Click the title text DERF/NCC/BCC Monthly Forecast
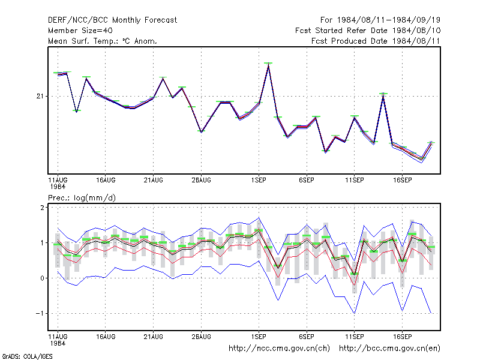[x=112, y=20]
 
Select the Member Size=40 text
[x=80, y=31]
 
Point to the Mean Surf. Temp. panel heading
[x=103, y=41]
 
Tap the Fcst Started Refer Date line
[x=368, y=31]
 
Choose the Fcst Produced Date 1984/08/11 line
[x=376, y=41]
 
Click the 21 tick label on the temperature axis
[x=40, y=97]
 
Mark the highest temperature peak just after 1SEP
[x=268, y=64]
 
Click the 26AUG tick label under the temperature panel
[x=201, y=181]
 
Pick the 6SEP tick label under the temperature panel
[x=307, y=181]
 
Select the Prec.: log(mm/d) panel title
[x=82, y=198]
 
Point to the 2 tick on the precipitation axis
[x=42, y=208]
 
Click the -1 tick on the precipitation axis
[x=40, y=313]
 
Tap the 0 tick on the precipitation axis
[x=42, y=278]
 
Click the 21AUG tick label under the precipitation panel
[x=153, y=337]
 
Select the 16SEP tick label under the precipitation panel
[x=402, y=337]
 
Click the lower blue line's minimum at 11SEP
[x=355, y=313]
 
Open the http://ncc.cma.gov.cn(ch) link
[x=279, y=349]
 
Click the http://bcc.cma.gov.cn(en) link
[x=389, y=349]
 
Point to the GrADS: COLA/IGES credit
[x=27, y=356]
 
